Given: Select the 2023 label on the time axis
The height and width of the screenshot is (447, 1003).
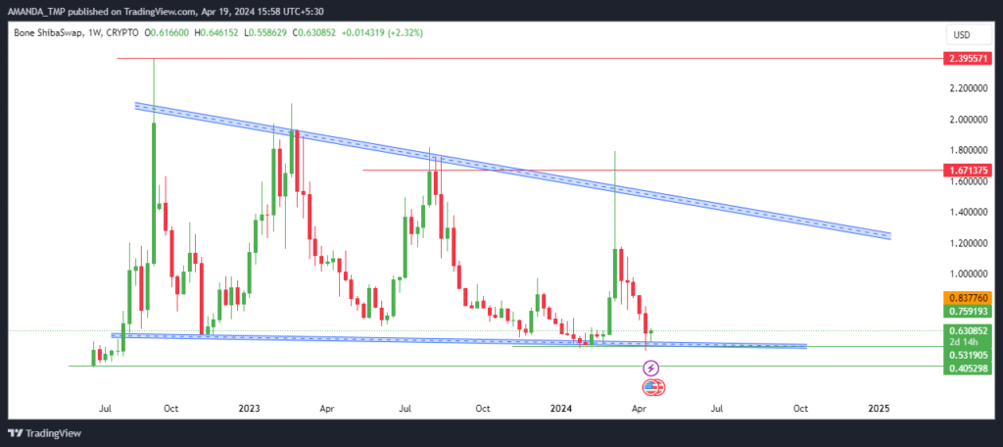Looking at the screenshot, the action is pos(249,408).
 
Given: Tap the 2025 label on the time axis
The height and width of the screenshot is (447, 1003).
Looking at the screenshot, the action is pos(879,408).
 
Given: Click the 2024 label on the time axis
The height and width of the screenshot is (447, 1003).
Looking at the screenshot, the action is pos(561,408).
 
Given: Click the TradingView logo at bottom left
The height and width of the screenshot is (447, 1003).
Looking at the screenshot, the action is pos(44,433).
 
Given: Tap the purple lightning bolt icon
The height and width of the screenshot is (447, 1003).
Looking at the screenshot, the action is pos(650,369).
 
